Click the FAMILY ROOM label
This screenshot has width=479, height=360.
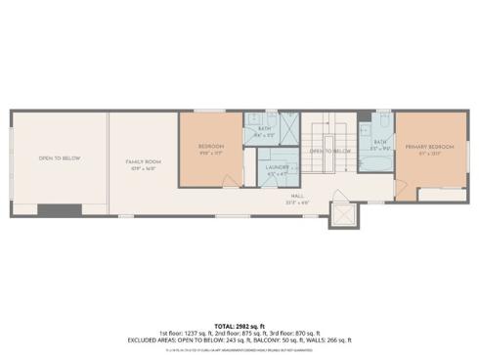pos(143,160)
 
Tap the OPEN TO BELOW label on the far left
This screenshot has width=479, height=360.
pos(59,157)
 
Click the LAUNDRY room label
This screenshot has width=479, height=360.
pos(276,167)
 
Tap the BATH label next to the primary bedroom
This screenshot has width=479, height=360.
pos(380,142)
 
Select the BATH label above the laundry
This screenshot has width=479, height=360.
pos(263,129)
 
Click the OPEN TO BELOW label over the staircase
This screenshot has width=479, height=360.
pos(330,152)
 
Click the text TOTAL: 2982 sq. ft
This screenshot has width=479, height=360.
pos(239,326)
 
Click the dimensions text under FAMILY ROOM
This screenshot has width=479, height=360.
pos(143,167)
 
